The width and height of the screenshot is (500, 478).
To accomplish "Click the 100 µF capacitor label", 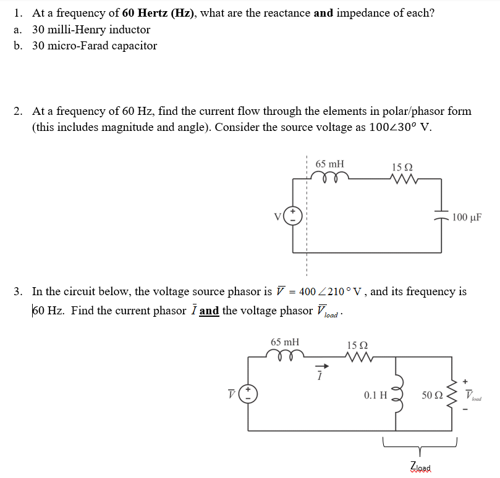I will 467,217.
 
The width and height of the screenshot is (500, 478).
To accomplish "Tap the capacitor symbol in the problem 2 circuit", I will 441,216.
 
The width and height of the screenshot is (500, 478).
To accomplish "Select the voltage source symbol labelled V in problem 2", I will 293,216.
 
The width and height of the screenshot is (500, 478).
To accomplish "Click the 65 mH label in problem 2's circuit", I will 330,164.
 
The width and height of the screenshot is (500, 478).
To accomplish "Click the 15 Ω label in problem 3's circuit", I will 358,345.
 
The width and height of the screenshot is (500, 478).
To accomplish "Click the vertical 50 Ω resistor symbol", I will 455,393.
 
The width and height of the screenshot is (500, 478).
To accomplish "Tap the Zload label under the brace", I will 421,467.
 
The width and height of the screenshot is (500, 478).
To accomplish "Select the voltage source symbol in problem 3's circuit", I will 248,393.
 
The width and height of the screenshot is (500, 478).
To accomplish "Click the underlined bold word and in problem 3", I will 209,311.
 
